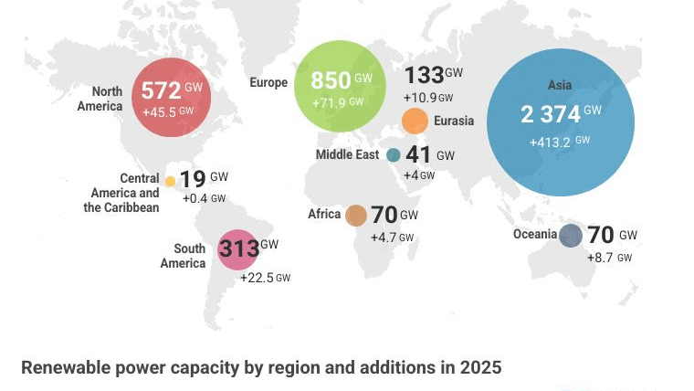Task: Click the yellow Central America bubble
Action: click(x=170, y=181)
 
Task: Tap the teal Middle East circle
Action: click(x=394, y=155)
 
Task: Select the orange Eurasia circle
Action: click(x=415, y=122)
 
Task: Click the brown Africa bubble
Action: click(x=356, y=216)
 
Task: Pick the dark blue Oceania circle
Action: click(x=571, y=236)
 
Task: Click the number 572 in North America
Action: click(x=160, y=91)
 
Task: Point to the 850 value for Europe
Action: click(x=331, y=79)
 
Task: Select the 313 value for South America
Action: click(x=239, y=248)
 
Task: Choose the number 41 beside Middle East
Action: click(x=418, y=155)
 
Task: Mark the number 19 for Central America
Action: click(x=193, y=179)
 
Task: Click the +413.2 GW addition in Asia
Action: click(x=559, y=143)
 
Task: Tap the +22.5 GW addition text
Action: click(x=265, y=278)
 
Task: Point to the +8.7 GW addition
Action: click(x=609, y=259)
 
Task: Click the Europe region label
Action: click(x=268, y=83)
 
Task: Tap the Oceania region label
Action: click(x=535, y=235)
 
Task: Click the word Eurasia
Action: click(x=454, y=121)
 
